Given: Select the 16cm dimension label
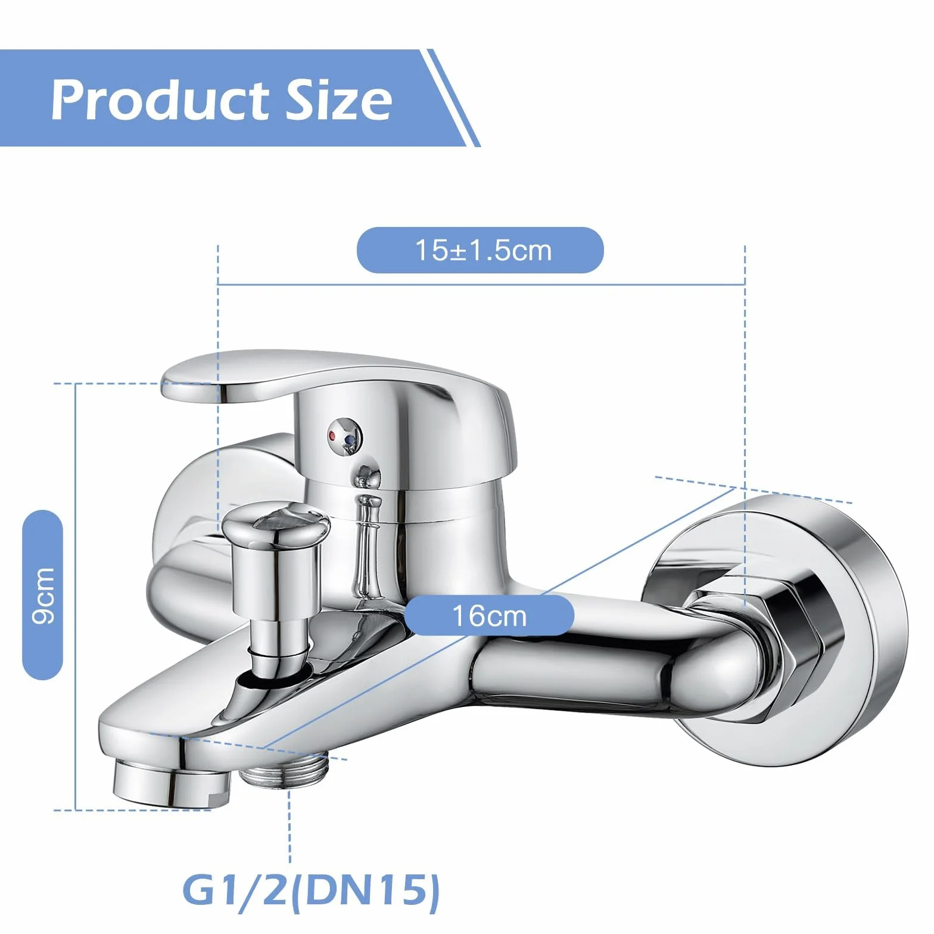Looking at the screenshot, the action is click(489, 616).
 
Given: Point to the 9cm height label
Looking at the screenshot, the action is click(42, 595).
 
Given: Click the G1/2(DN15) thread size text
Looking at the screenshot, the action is click(311, 891).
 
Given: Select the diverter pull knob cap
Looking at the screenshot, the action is click(276, 528).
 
